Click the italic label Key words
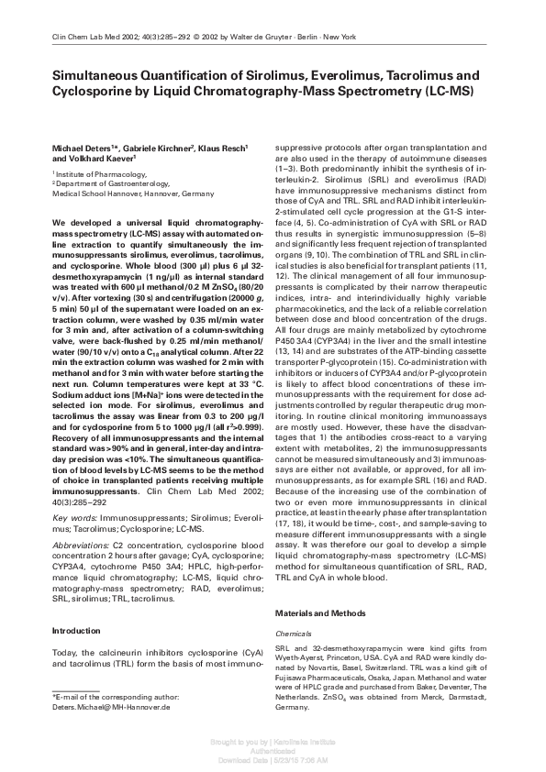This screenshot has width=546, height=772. click(x=74, y=518)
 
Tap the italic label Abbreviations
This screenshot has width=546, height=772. click(x=82, y=545)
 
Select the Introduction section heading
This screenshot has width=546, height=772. click(x=76, y=631)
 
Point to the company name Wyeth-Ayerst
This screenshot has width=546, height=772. click(x=302, y=657)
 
